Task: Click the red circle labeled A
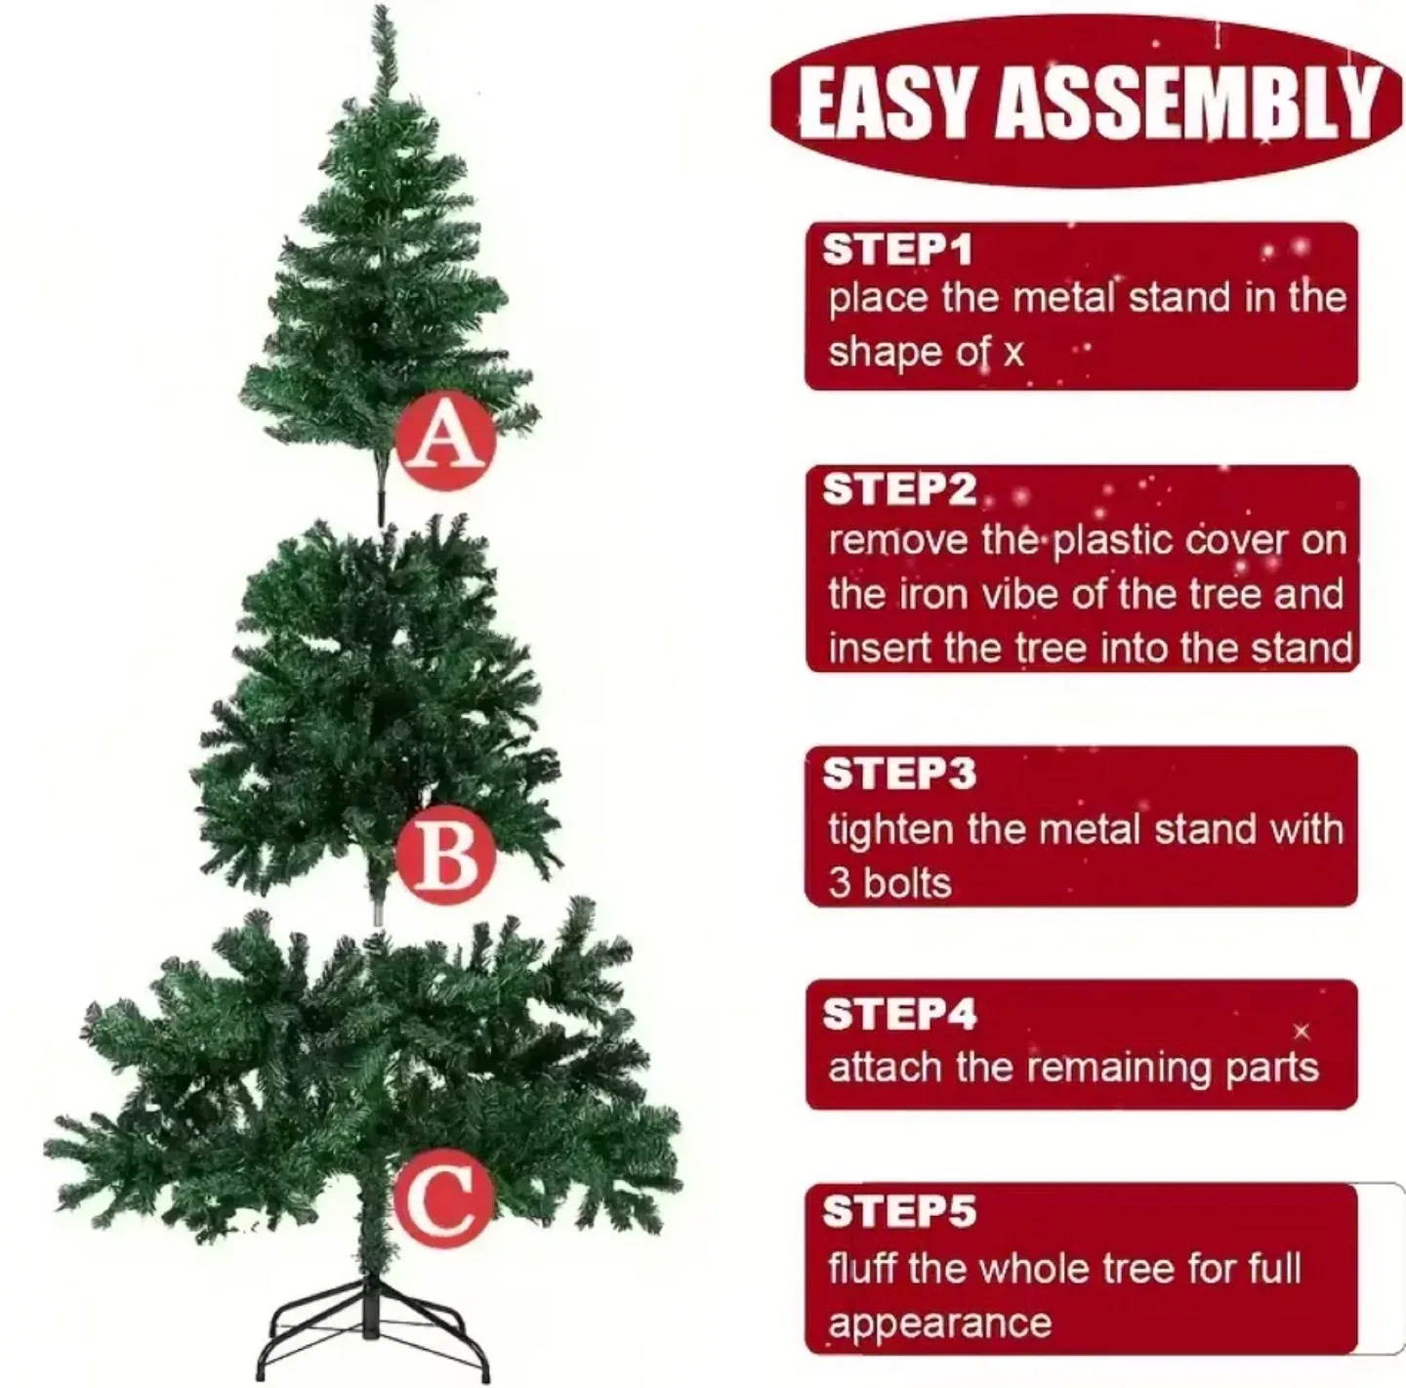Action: pos(445,441)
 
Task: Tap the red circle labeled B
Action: pos(445,857)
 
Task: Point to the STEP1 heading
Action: pos(897,250)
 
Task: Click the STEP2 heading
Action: pos(899,489)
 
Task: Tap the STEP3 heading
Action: pos(899,774)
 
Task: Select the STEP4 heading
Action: pos(899,1014)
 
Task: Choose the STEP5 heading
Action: pos(899,1212)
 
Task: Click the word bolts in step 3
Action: pos(907,884)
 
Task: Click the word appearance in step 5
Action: pos(939,1324)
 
